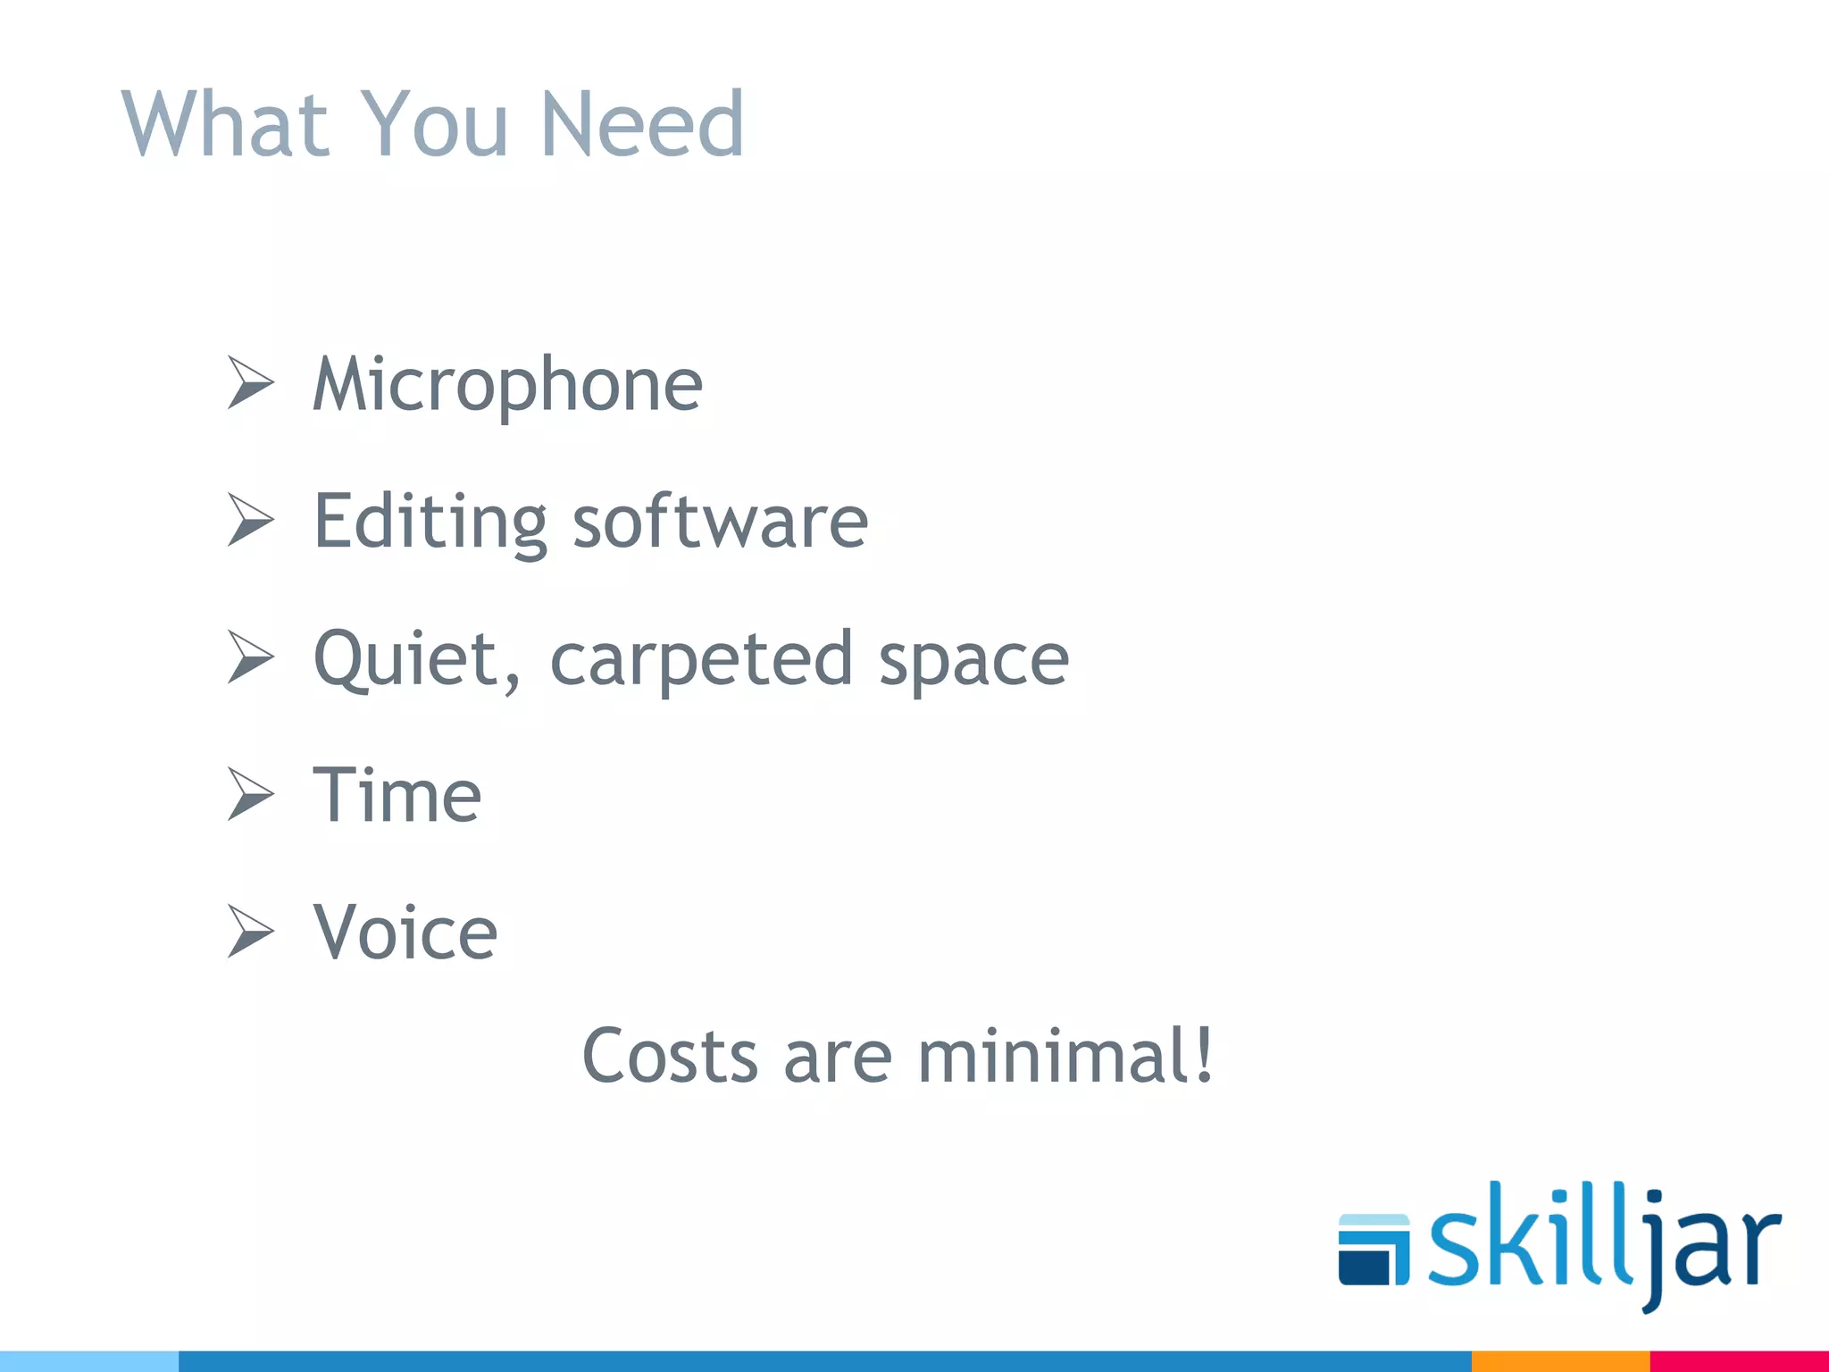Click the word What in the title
coord(226,124)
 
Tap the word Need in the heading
coord(641,124)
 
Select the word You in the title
coord(435,124)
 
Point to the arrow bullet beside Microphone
coord(250,382)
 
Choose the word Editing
coord(430,522)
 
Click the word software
coord(720,522)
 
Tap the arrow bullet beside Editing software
coord(250,520)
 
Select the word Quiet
coord(416,659)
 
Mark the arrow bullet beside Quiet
coord(250,657)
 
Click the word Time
coord(397,795)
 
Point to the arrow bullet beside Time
coord(250,793)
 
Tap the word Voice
coord(405,933)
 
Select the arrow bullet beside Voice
coord(250,931)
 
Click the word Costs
coord(670,1056)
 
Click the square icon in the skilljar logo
coord(1373,1250)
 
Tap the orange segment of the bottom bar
coord(1559,1361)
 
